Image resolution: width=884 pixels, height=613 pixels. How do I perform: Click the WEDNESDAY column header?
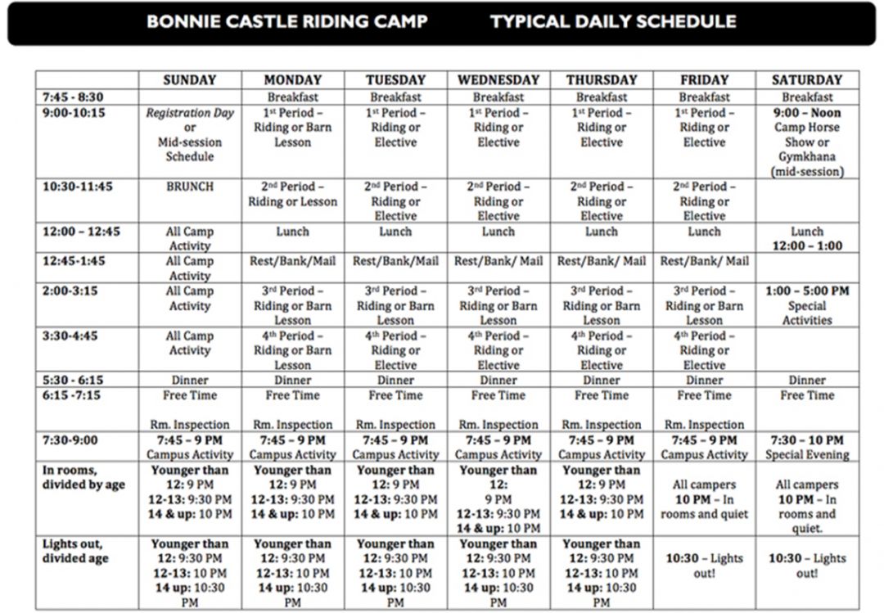coord(498,80)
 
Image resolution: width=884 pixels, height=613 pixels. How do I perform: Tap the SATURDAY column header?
coord(806,80)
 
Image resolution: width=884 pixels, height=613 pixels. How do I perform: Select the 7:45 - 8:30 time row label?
coord(74,97)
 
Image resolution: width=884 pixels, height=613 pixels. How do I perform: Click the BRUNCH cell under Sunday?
coord(189,187)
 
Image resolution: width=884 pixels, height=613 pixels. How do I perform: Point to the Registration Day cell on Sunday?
coord(189,134)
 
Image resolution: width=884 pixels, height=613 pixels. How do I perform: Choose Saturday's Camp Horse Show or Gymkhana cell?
coord(806,142)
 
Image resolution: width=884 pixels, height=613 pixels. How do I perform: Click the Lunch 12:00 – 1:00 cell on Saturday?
coord(806,238)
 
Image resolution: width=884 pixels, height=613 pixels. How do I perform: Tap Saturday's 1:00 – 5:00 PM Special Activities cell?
coord(806,305)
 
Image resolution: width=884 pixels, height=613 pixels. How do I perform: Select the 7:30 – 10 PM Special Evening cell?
coord(806,447)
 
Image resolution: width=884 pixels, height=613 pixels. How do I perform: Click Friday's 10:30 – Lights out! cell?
coord(704,566)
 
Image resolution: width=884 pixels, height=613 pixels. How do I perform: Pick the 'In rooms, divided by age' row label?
coord(83,477)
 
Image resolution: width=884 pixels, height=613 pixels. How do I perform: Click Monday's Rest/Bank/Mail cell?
coord(292,262)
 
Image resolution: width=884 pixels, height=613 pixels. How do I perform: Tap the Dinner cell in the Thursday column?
coord(601,381)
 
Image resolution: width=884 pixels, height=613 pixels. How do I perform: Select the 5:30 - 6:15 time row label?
coord(74,381)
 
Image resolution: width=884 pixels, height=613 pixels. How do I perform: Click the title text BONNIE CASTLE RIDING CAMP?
coord(287,22)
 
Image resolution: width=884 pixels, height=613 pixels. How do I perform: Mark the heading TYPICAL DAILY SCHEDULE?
coord(612,22)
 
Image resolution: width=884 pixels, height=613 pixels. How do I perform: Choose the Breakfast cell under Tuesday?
coord(395,97)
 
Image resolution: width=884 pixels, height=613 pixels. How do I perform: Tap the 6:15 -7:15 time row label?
coord(74,395)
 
